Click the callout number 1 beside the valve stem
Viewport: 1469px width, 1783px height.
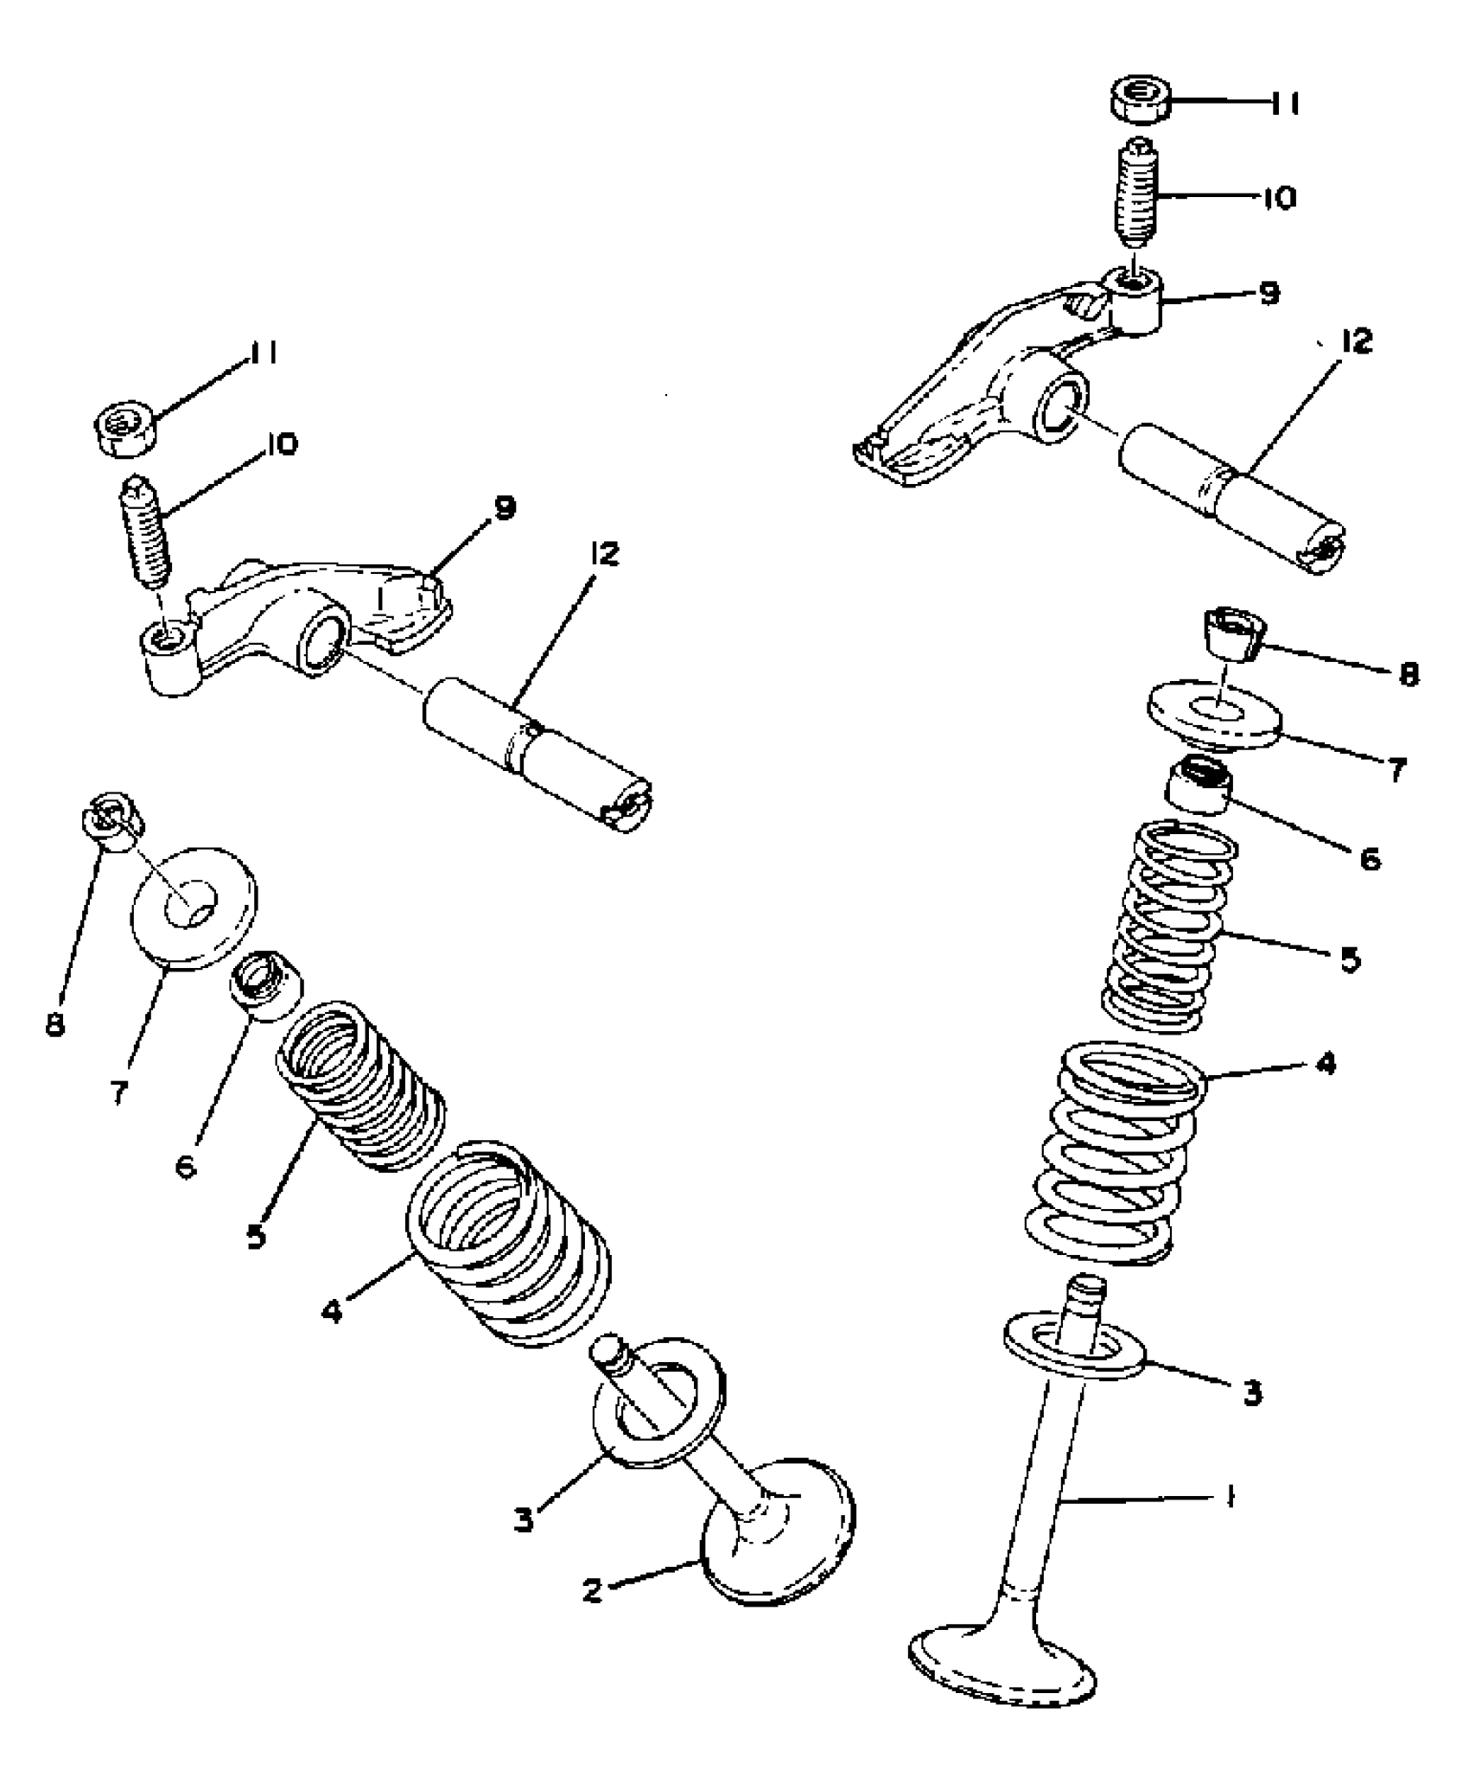(x=1231, y=1494)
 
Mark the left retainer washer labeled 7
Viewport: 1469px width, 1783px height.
(x=194, y=907)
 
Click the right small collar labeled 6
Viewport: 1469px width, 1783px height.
(x=1200, y=783)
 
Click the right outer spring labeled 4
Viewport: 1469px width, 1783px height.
(x=1115, y=1154)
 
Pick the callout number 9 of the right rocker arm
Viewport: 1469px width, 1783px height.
(x=1268, y=294)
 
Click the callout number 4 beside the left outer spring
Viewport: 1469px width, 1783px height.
(x=331, y=1311)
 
